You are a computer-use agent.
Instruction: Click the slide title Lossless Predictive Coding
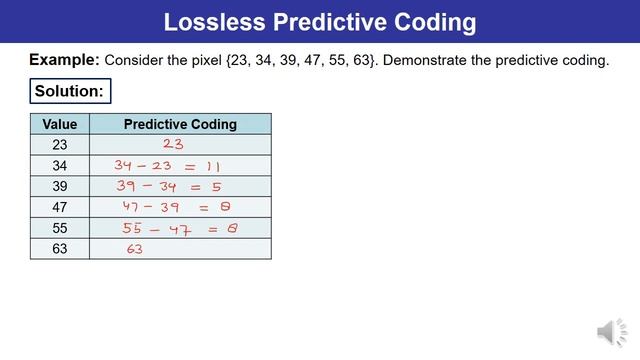(320, 21)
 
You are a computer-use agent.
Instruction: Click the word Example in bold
(63, 60)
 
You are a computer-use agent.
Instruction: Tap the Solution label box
(69, 91)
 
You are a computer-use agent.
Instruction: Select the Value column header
(60, 124)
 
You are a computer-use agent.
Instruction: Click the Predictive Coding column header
(180, 124)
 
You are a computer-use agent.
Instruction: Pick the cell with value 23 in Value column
(60, 145)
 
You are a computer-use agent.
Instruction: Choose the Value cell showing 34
(60, 166)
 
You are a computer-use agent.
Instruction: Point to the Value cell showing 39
(60, 187)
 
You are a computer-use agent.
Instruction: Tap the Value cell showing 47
(60, 208)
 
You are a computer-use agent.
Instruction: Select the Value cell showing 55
(60, 229)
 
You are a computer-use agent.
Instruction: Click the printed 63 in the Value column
(60, 249)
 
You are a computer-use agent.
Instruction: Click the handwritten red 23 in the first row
(173, 145)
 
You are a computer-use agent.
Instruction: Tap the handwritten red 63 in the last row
(135, 250)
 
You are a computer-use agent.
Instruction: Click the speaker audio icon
(610, 333)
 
